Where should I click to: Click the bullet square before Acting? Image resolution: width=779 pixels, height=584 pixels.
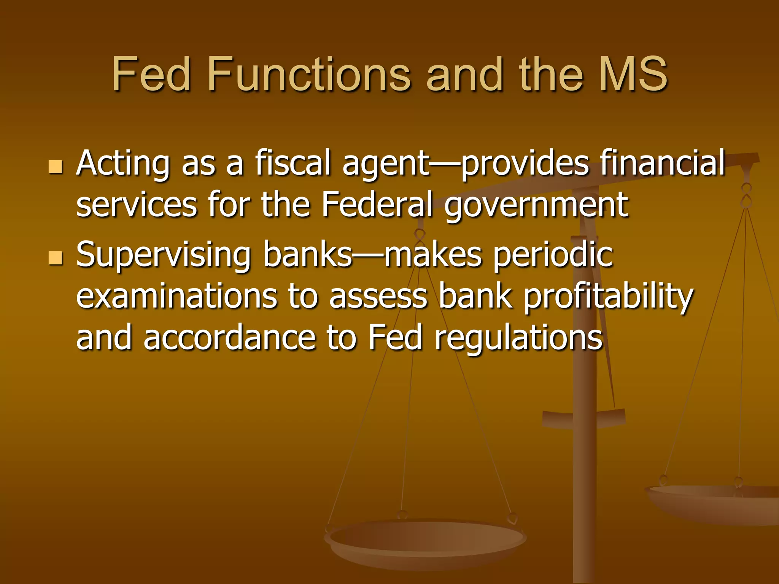(56, 167)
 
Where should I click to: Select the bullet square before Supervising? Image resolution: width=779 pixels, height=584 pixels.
(56, 258)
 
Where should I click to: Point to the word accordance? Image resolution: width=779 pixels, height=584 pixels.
(229, 337)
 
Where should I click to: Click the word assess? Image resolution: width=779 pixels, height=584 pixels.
(378, 297)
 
